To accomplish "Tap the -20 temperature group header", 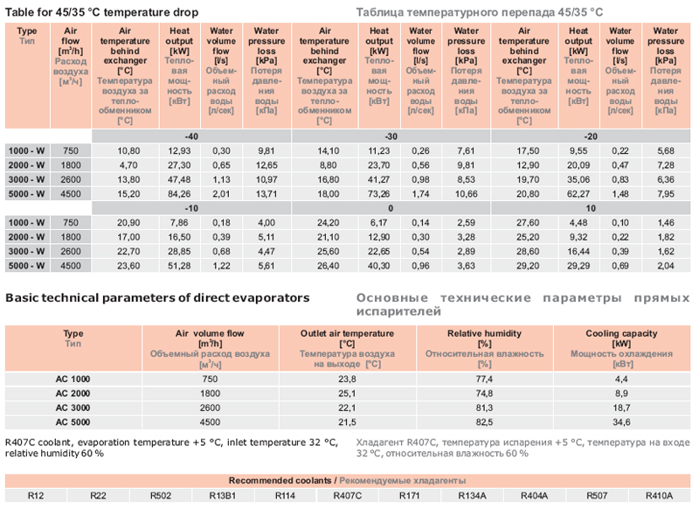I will click(592, 137).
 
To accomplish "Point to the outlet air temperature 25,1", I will click(348, 394).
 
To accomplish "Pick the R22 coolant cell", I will click(98, 496).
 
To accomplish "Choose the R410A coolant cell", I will click(660, 496).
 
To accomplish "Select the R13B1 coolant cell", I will click(223, 496).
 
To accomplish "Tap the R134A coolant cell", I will click(473, 496).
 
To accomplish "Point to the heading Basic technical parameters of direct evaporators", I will click(157, 297).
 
